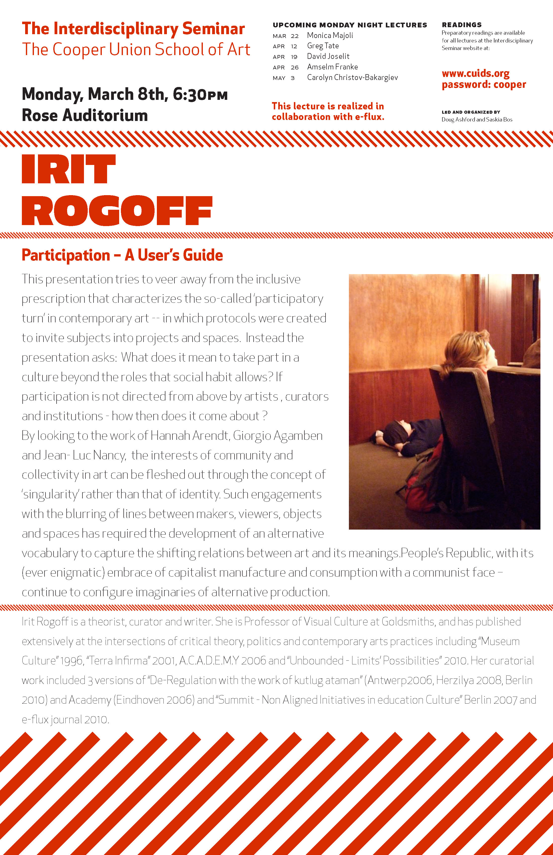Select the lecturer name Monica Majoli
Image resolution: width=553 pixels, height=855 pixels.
click(330, 35)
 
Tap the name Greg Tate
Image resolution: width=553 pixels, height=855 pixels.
click(322, 46)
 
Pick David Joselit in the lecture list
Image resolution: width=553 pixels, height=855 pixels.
click(328, 56)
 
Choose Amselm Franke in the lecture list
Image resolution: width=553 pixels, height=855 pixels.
click(332, 67)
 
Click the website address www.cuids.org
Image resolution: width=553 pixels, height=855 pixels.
click(475, 74)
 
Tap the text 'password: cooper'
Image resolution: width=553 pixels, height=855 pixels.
click(483, 85)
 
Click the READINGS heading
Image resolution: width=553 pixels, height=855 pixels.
click(462, 25)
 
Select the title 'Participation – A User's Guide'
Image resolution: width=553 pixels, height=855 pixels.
click(122, 255)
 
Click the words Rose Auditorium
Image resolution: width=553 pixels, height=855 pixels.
click(85, 115)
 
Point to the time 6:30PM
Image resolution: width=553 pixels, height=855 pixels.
click(200, 95)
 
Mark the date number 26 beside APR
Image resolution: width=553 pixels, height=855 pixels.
click(294, 67)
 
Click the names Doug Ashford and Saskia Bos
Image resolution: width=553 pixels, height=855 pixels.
click(477, 120)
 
